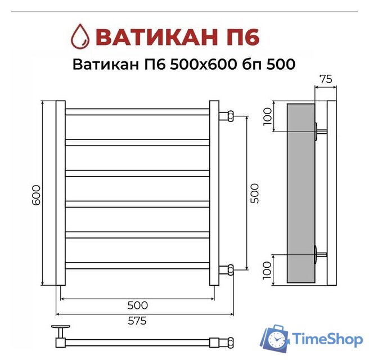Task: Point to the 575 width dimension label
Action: click(137, 321)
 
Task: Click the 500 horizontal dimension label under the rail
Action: click(137, 305)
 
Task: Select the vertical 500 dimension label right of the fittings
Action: click(254, 193)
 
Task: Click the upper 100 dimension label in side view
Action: click(267, 116)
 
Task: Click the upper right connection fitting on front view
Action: click(228, 116)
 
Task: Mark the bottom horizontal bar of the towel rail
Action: click(137, 264)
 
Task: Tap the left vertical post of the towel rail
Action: click(60, 193)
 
